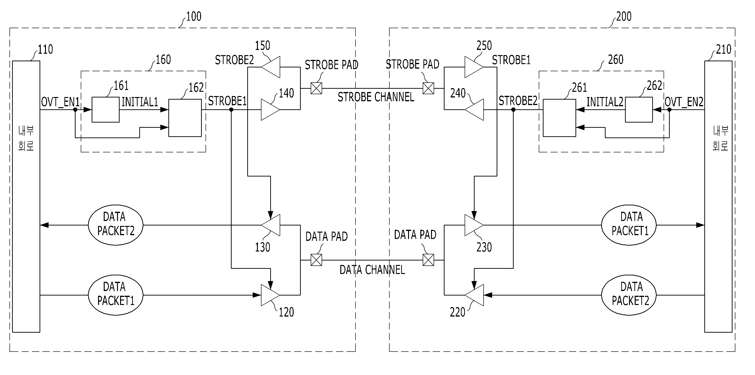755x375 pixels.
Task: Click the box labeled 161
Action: click(106, 110)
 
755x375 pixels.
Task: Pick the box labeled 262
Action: click(639, 110)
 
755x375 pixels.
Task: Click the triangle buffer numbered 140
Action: click(270, 110)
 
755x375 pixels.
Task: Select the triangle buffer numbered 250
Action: click(474, 67)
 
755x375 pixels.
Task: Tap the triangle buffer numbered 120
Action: click(270, 295)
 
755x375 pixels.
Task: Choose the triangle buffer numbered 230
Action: click(474, 225)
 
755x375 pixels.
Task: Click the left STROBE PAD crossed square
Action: click(316, 88)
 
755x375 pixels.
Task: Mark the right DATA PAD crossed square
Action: click(428, 260)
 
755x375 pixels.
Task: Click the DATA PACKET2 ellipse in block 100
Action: click(116, 225)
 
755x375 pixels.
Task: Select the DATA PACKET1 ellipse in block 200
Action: click(629, 225)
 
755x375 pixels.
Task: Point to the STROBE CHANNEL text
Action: click(376, 97)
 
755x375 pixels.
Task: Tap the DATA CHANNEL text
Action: click(372, 270)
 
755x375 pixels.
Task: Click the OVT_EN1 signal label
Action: click(60, 102)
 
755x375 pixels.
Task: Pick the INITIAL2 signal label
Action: click(605, 102)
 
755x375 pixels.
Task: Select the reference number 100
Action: click(194, 17)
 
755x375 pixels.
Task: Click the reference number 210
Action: click(723, 49)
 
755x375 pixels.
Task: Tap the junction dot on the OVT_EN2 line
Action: click(670, 110)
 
